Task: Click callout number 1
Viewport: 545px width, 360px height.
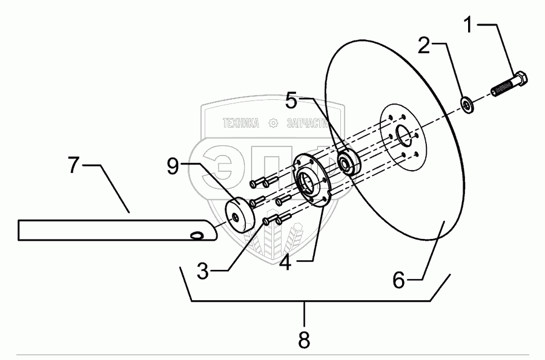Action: (x=470, y=25)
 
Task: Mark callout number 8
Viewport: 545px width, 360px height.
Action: (x=304, y=339)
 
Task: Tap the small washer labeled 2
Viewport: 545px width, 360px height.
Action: (x=468, y=104)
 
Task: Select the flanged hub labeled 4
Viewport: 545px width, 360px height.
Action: (x=310, y=180)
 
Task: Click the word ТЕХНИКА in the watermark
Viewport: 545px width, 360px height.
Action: (x=241, y=123)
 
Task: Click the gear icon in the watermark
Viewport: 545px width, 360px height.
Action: (x=273, y=123)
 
